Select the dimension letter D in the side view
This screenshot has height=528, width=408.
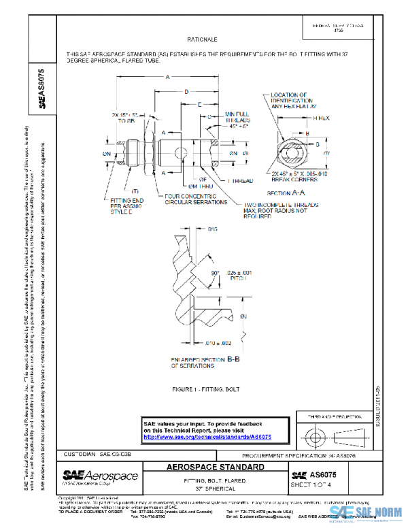click(186, 90)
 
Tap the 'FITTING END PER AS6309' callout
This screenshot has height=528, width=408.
click(128, 205)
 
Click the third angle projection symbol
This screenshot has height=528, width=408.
click(331, 433)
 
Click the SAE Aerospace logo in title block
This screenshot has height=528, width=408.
click(100, 476)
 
